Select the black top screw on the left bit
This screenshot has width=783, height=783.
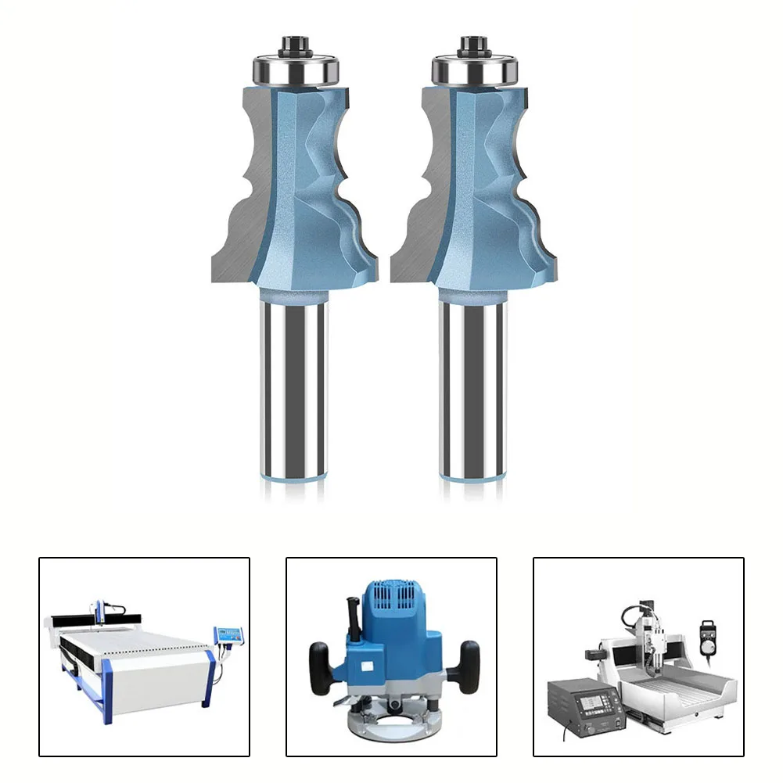(294, 44)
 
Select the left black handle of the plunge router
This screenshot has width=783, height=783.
(320, 661)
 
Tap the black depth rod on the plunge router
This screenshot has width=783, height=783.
(350, 618)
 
